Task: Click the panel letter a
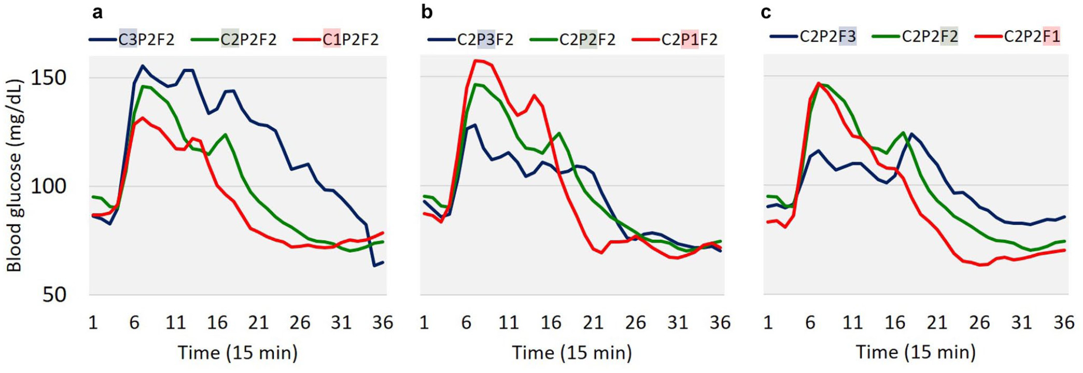pos(98,12)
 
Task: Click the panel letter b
pos(427,12)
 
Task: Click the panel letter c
pos(766,12)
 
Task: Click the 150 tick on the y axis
pos(49,78)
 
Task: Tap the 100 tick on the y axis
pos(49,186)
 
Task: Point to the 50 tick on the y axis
pos(54,295)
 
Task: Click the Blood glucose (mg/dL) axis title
pos(14,175)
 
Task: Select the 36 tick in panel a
pos(383,323)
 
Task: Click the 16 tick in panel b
pos(551,323)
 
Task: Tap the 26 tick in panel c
pos(979,323)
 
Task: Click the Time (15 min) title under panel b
pos(572,353)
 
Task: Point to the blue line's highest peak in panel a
pos(143,66)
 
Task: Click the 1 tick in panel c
pos(768,323)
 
